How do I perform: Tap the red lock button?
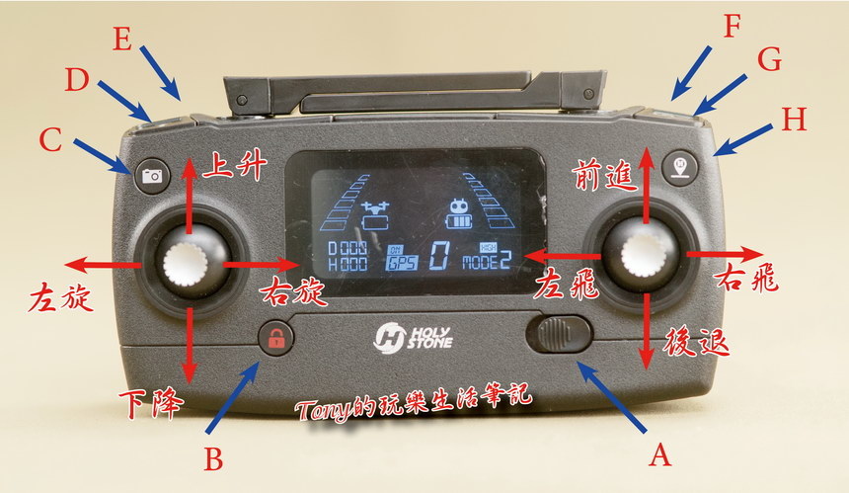tap(276, 338)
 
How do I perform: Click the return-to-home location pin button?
tap(680, 167)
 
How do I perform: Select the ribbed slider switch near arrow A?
tap(559, 334)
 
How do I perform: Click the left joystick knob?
tap(186, 265)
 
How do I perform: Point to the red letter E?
tap(122, 39)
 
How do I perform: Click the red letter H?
tap(794, 120)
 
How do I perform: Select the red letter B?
tap(213, 459)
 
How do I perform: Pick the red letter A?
tap(660, 455)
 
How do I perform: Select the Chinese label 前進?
tap(604, 174)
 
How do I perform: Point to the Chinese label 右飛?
tap(747, 278)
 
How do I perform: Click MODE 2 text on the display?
tap(487, 261)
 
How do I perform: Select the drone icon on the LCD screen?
tap(376, 215)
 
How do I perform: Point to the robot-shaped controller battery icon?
tap(460, 214)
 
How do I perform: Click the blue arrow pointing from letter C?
tap(103, 156)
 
